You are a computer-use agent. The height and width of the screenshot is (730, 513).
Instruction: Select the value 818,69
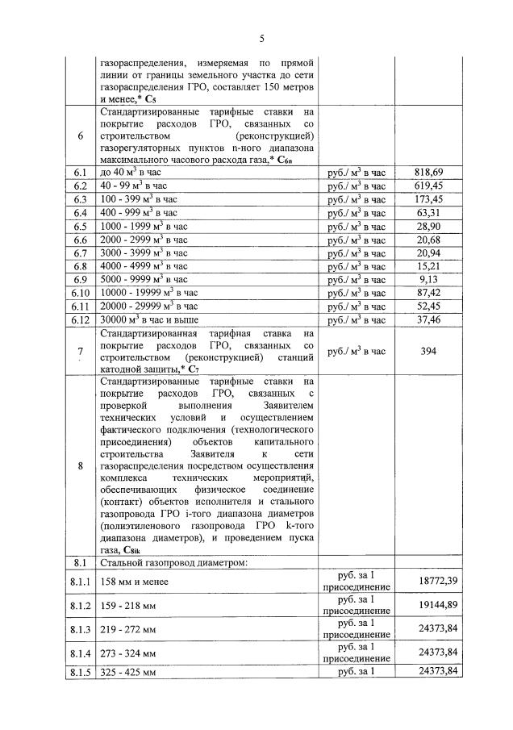[x=429, y=173]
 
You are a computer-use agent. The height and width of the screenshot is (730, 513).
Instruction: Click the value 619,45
[x=429, y=186]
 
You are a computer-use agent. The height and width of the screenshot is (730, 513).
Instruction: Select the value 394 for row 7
[x=429, y=351]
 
